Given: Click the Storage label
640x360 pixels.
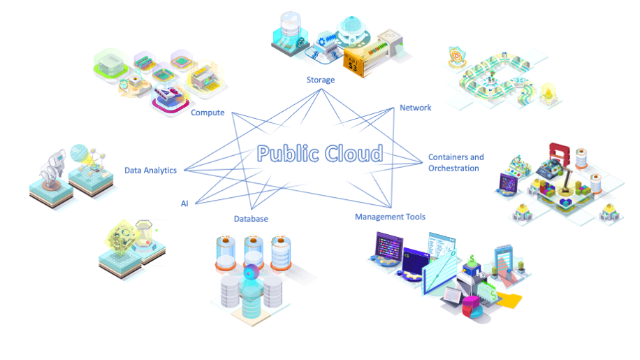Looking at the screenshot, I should pyautogui.click(x=321, y=80).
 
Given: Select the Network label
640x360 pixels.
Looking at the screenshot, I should pyautogui.click(x=415, y=108).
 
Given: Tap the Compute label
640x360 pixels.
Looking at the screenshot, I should pyautogui.click(x=208, y=113).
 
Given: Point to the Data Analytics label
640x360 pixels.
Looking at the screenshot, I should pyautogui.click(x=150, y=170).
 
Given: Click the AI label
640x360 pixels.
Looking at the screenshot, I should pyautogui.click(x=184, y=203).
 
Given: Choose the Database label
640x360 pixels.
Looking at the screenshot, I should pyautogui.click(x=251, y=219).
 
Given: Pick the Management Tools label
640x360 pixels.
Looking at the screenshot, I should pyautogui.click(x=390, y=217).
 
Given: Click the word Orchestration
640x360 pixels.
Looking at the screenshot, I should pyautogui.click(x=453, y=168).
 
